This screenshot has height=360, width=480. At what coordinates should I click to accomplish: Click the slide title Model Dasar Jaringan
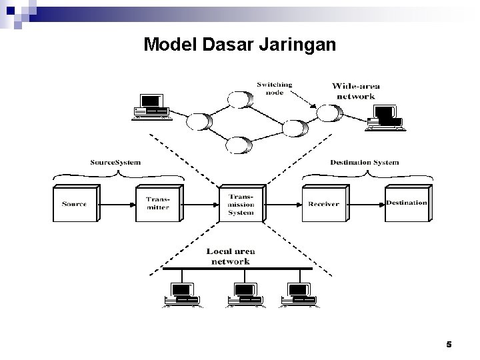click(x=240, y=45)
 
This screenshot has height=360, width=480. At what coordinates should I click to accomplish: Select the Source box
click(x=75, y=203)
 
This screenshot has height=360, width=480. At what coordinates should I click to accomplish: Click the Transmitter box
click(x=158, y=203)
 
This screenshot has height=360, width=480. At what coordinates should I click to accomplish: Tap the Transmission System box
click(x=241, y=204)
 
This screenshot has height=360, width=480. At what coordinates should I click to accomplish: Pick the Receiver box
click(x=323, y=203)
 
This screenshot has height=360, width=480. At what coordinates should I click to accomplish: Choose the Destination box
click(x=406, y=202)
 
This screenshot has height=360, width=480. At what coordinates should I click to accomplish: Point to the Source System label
click(x=115, y=163)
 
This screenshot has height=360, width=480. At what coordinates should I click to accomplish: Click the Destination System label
click(x=364, y=163)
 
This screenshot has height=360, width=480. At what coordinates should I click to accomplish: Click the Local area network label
click(x=231, y=257)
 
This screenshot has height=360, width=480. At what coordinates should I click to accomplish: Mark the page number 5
click(x=449, y=345)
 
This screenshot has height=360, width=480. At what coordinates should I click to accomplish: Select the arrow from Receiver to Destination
click(x=365, y=203)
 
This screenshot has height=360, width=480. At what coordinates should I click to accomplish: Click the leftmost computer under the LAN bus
click(x=181, y=293)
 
